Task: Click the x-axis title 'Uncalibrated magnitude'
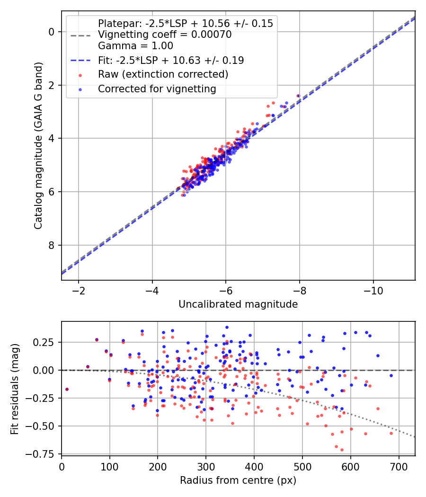pyautogui.click(x=238, y=304)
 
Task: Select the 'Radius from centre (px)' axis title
pyautogui.click(x=238, y=480)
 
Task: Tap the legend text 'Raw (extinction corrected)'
pyautogui.click(x=163, y=74)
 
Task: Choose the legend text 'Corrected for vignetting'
pyautogui.click(x=157, y=89)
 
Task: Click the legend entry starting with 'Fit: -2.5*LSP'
pyautogui.click(x=171, y=60)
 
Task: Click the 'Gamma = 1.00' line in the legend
pyautogui.click(x=135, y=46)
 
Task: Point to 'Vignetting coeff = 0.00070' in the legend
pyautogui.click(x=165, y=35)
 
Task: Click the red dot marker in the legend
pyautogui.click(x=80, y=75)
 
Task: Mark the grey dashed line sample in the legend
pyautogui.click(x=80, y=35)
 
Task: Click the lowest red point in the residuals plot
pyautogui.click(x=342, y=450)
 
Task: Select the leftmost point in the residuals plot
pyautogui.click(x=67, y=389)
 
